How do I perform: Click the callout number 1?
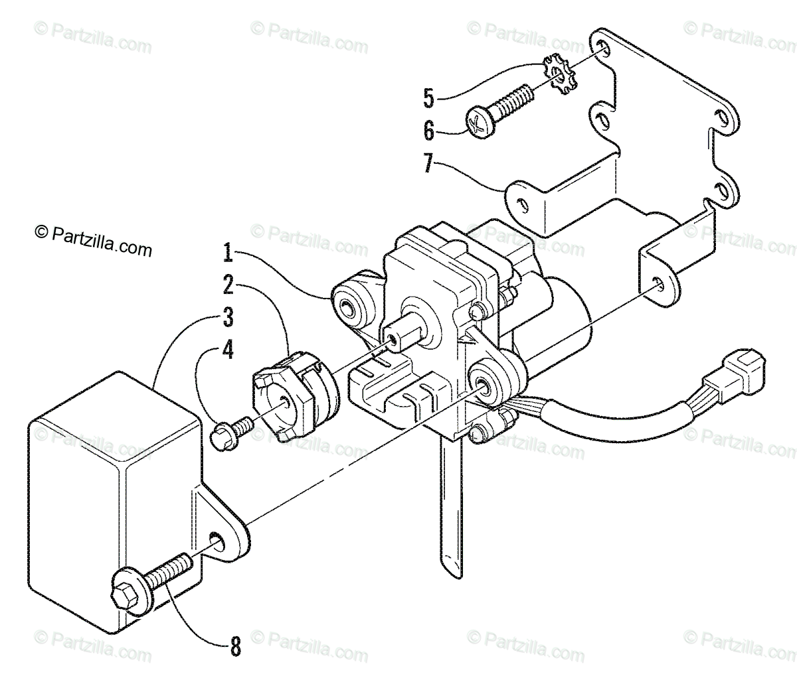pyautogui.click(x=227, y=253)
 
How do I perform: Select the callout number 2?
pyautogui.click(x=227, y=285)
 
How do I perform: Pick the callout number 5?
pyautogui.click(x=428, y=98)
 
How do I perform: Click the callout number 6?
pyautogui.click(x=428, y=131)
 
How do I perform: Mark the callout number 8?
pyautogui.click(x=234, y=646)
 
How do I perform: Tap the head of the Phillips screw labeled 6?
pyautogui.click(x=476, y=123)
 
